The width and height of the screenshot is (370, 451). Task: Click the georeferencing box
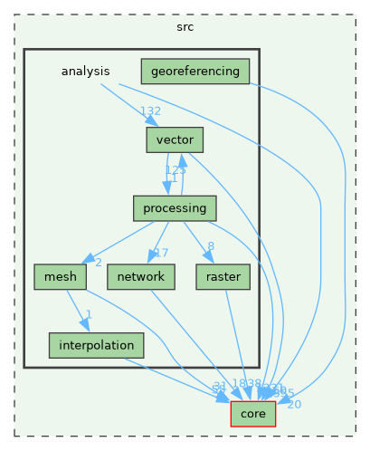(194, 71)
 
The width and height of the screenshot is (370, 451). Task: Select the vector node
(174, 139)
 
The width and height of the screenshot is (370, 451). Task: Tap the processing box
(174, 208)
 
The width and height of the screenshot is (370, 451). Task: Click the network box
(140, 276)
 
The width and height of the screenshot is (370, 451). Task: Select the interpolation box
(96, 345)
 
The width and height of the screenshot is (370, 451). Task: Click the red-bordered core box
(253, 413)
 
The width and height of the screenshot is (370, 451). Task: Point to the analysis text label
(85, 71)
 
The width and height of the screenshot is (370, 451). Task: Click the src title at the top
(185, 27)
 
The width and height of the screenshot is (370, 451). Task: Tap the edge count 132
(149, 110)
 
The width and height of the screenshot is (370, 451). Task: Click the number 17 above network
(161, 252)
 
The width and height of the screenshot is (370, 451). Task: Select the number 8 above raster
(210, 245)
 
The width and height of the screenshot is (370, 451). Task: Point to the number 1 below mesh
(88, 314)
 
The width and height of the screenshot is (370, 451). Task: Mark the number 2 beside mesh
(98, 263)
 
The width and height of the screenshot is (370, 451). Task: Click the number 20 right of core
(294, 404)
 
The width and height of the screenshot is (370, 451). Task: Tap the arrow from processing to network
(157, 242)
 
